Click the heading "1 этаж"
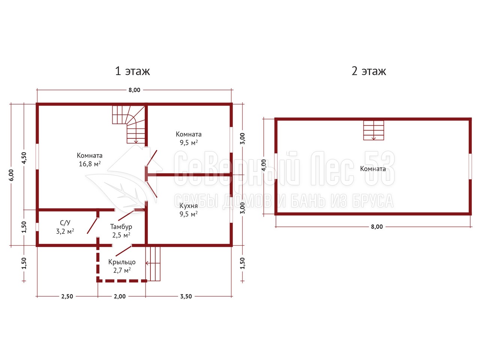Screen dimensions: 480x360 (132, 71)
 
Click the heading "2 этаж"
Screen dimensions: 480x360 (369, 71)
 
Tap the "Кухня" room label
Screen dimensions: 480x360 (189, 205)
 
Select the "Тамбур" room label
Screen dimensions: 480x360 (121, 226)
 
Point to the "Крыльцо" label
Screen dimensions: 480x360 (122, 262)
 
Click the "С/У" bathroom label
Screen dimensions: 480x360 (65, 223)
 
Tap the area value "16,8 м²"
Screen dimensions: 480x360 (90, 164)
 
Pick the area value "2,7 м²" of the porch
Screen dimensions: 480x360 (122, 270)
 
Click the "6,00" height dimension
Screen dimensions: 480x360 (11, 175)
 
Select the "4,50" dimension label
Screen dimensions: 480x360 (24, 158)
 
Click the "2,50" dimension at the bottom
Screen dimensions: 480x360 (67, 296)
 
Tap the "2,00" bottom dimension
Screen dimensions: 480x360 (120, 296)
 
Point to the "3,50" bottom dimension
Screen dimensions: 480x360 (186, 296)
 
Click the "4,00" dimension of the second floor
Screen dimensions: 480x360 (264, 165)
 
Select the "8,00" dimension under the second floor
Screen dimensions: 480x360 (377, 226)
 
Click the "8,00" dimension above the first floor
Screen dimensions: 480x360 (134, 90)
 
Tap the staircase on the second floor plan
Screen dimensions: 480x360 (373, 130)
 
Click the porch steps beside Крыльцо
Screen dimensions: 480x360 (153, 264)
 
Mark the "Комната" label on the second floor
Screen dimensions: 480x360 (373, 169)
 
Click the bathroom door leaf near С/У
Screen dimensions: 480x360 (92, 226)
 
